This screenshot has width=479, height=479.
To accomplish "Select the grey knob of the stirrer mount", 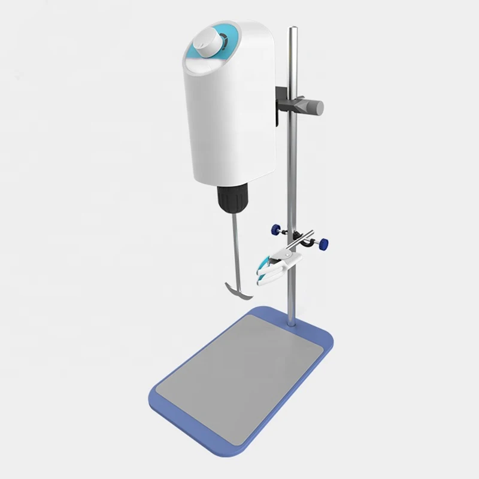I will point(313,107).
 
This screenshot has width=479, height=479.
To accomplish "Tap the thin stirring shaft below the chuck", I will point(231,251).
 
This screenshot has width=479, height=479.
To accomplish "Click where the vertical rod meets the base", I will point(293,324).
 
